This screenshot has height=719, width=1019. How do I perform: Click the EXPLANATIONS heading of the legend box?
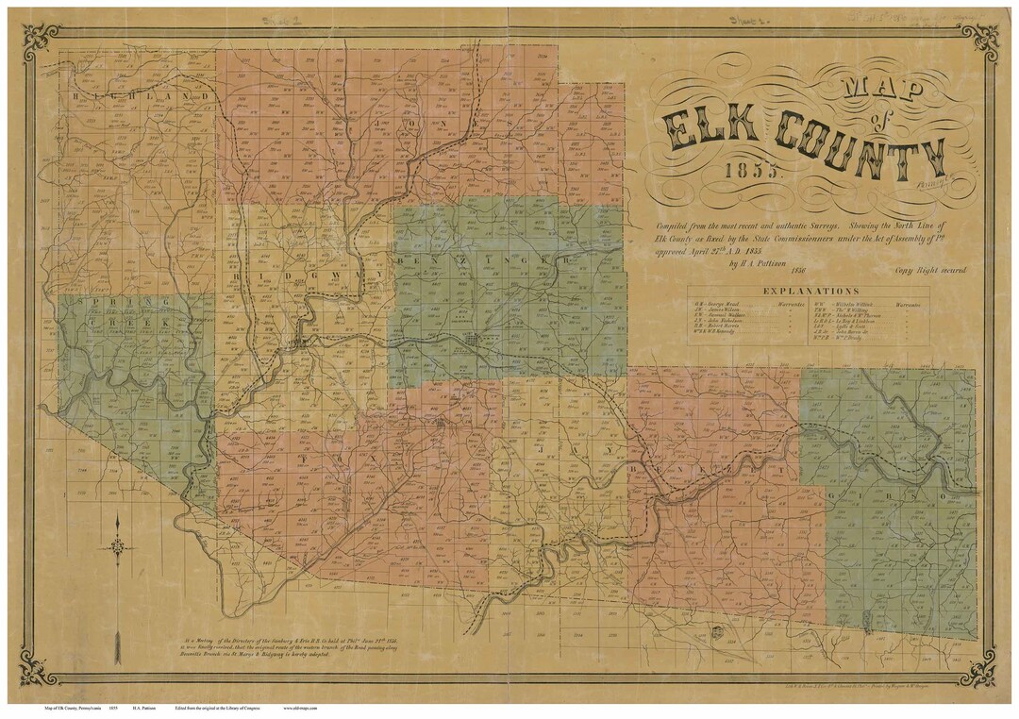tap(810, 292)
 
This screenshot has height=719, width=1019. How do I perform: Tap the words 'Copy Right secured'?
tap(931, 270)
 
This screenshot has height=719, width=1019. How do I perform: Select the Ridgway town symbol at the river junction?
tap(301, 342)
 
